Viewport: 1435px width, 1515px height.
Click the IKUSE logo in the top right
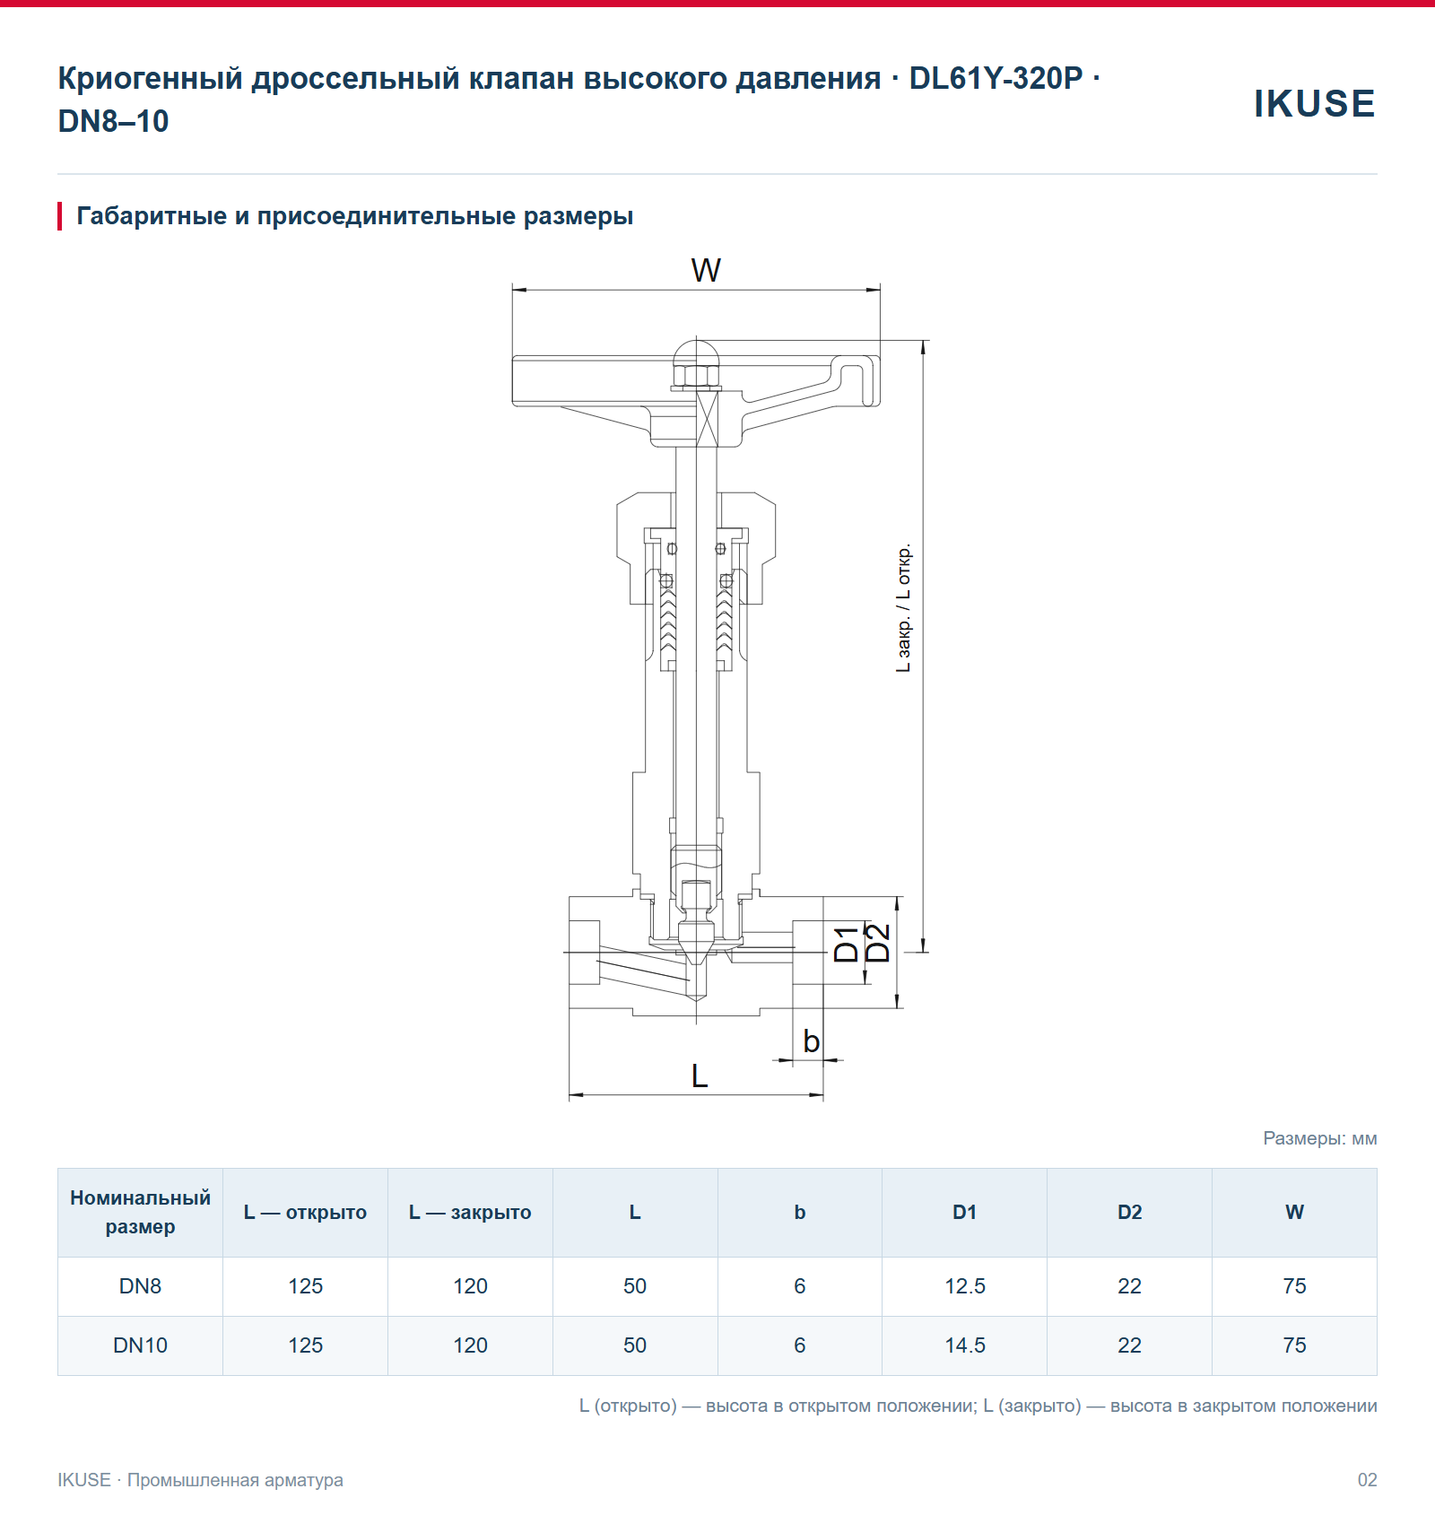coord(1314,103)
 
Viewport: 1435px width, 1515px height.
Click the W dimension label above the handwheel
coord(706,270)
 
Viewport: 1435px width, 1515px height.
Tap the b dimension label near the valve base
coord(811,1041)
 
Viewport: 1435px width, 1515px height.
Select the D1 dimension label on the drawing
coord(846,945)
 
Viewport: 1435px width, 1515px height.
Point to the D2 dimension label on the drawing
coord(877,943)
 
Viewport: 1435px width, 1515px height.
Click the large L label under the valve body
coord(700,1075)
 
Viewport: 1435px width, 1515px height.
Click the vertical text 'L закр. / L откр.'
coord(903,607)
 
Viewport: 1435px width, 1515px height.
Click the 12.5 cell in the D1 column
coord(964,1286)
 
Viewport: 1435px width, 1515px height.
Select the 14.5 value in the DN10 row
coord(964,1345)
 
